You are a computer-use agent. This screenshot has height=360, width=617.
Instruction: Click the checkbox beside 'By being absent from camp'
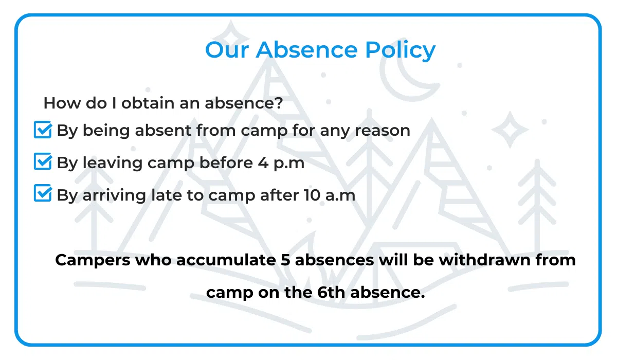point(43,130)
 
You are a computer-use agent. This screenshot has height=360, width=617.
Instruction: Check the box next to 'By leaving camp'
point(43,162)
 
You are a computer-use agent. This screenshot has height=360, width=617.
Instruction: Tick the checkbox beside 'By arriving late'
point(43,194)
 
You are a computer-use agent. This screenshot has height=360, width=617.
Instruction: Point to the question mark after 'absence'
point(279,103)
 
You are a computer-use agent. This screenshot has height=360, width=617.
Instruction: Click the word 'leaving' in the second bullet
point(113,163)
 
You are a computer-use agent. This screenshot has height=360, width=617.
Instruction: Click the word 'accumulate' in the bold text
point(226,260)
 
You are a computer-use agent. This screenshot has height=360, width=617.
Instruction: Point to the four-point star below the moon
point(510,128)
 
